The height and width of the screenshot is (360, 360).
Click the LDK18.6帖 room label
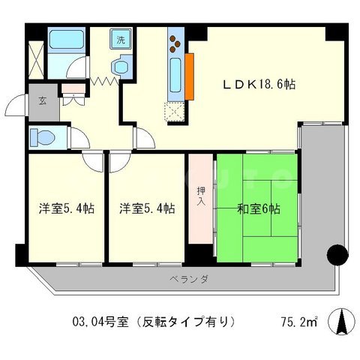(256, 84)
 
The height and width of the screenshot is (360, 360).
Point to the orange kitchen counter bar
(190, 75)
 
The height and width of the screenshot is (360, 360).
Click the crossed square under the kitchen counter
(177, 110)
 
